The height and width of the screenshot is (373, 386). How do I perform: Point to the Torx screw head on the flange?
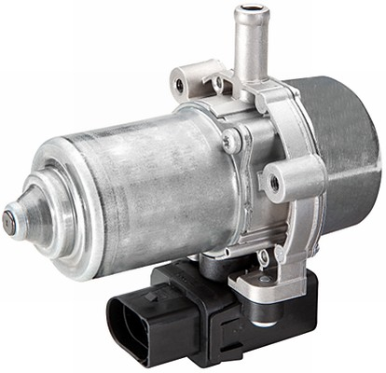coord(232,143)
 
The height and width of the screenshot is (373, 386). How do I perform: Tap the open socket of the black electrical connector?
coord(140,317)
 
